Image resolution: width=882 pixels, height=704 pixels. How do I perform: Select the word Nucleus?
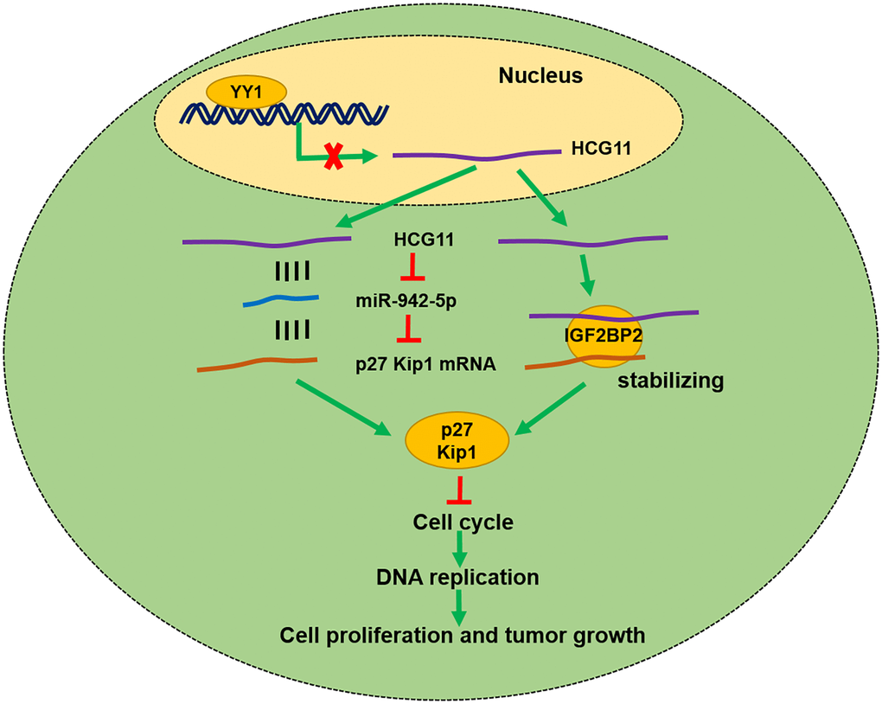(540, 76)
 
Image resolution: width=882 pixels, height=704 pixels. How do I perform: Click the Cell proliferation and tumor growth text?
(462, 636)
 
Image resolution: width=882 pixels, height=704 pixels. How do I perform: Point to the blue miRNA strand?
(283, 301)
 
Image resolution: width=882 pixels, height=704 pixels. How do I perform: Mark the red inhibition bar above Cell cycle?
(458, 493)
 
